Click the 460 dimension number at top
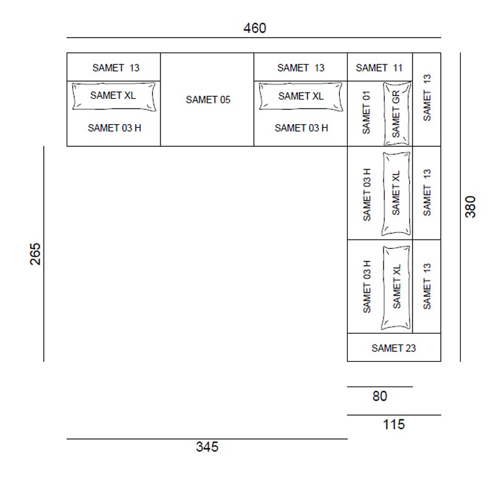pos(254,28)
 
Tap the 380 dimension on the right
pos(471,207)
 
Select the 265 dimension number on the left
pos(35,254)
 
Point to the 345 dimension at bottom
pos(207,446)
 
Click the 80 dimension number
pos(380,396)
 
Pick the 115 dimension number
pos(394,424)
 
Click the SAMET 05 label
pos(208,99)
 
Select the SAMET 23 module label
pos(393,348)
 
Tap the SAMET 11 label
pos(379,68)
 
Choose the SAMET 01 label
pos(366,112)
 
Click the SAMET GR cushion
pos(397,114)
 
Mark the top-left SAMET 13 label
pos(115,68)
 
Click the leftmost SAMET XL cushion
pos(114,97)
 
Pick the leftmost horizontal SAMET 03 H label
pos(114,128)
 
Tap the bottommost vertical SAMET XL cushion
pos(396,287)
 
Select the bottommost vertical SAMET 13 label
pos(427,286)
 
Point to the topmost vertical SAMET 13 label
pos(427,98)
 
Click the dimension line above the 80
pos(380,387)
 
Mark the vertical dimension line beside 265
pos(44,254)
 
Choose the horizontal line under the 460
pos(254,38)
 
